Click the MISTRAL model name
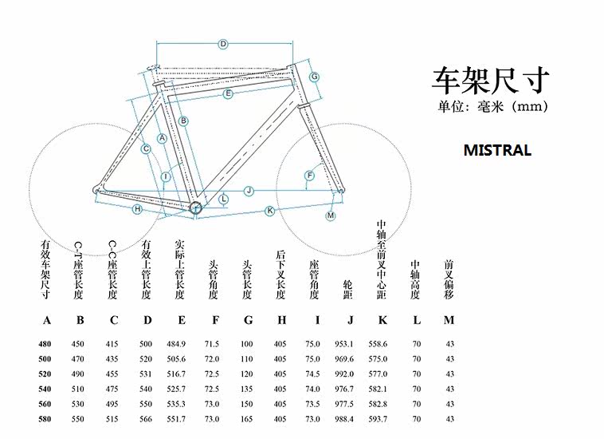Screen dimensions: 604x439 (x=496, y=150)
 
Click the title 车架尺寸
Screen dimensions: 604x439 (x=491, y=81)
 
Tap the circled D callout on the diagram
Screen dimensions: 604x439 (x=223, y=44)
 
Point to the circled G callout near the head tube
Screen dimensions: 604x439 (x=315, y=77)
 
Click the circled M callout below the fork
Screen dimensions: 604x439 (x=331, y=216)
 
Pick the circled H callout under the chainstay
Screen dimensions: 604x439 (x=137, y=209)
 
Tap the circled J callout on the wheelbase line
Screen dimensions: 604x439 (x=249, y=191)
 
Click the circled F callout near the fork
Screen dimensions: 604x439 (x=309, y=176)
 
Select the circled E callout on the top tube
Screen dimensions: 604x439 (x=228, y=94)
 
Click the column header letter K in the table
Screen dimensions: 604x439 (x=382, y=321)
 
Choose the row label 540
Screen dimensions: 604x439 (x=45, y=389)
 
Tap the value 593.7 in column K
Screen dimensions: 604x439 (x=378, y=419)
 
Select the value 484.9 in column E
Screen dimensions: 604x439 (x=178, y=344)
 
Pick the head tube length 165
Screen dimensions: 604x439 (x=247, y=419)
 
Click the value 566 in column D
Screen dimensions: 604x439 (x=146, y=419)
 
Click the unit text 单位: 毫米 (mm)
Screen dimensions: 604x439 (x=492, y=106)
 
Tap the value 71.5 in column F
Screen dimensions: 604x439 (x=212, y=344)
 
